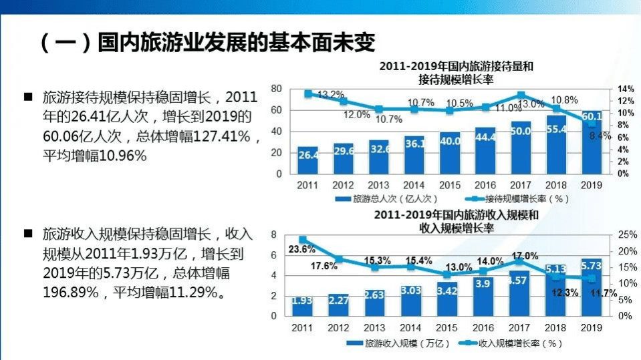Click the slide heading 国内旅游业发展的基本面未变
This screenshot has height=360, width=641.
(207, 44)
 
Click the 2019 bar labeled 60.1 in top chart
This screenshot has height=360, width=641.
(591, 144)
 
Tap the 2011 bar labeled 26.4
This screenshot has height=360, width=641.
(307, 160)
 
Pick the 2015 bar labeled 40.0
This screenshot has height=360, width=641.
(449, 154)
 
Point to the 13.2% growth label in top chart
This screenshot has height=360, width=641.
(330, 95)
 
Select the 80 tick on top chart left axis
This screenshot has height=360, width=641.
(276, 89)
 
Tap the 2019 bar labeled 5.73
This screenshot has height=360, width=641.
(591, 287)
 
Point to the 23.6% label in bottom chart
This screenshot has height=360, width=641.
(301, 249)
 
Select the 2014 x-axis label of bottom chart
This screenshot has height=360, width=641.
(410, 328)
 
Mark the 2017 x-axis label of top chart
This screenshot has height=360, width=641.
(520, 185)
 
